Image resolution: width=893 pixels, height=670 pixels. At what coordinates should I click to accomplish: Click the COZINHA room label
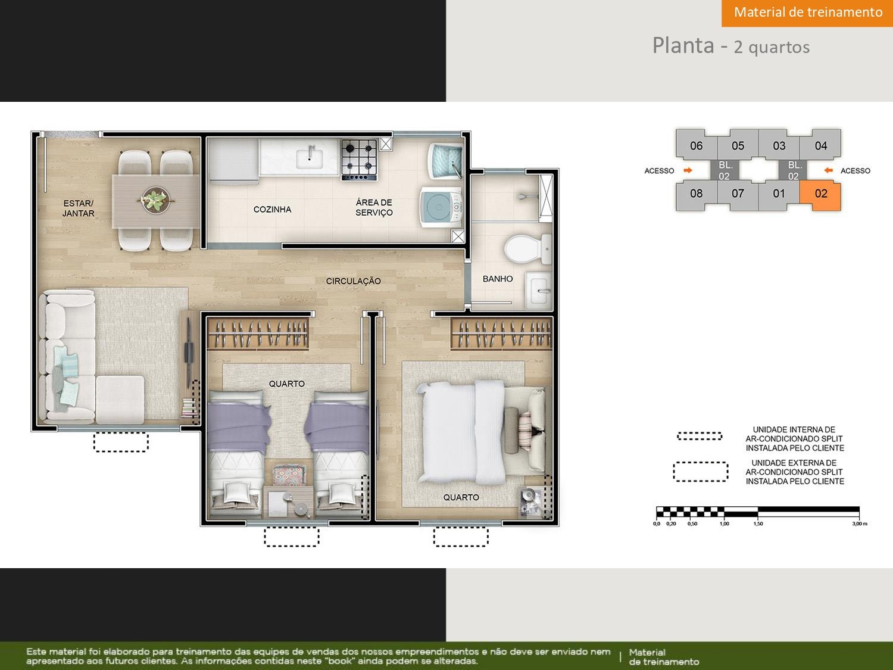(x=272, y=210)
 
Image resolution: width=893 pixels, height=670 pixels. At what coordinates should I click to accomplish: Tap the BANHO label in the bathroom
(x=498, y=279)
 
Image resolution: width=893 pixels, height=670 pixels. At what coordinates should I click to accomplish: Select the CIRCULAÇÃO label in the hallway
(x=353, y=281)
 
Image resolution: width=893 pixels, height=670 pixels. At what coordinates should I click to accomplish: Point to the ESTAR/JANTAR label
(x=78, y=208)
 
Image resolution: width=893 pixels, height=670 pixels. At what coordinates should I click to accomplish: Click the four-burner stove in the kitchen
(x=359, y=160)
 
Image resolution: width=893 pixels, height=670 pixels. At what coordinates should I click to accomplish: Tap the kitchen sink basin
(x=309, y=157)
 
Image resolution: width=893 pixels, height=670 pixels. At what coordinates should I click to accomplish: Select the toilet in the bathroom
(x=527, y=248)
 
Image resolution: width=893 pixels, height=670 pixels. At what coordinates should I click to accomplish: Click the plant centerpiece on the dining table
(x=155, y=200)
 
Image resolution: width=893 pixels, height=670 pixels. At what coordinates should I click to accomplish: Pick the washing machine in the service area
(x=441, y=207)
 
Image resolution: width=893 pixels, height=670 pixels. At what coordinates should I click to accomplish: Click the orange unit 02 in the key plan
(x=820, y=195)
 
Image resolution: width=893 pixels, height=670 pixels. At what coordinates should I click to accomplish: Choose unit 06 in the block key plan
(x=696, y=145)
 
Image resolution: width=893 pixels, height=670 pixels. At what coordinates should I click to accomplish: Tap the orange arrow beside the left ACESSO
(x=688, y=170)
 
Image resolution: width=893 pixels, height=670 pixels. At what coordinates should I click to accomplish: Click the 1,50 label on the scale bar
(x=758, y=523)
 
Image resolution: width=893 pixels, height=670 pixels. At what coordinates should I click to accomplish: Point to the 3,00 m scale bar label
(x=860, y=523)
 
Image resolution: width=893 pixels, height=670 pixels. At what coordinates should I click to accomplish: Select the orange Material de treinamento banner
(x=807, y=13)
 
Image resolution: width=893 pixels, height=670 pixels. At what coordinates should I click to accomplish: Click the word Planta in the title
(x=683, y=45)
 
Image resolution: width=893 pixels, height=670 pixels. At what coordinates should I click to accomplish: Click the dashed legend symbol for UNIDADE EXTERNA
(x=700, y=472)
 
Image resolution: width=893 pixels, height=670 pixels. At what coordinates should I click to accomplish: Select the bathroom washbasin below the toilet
(x=539, y=290)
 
